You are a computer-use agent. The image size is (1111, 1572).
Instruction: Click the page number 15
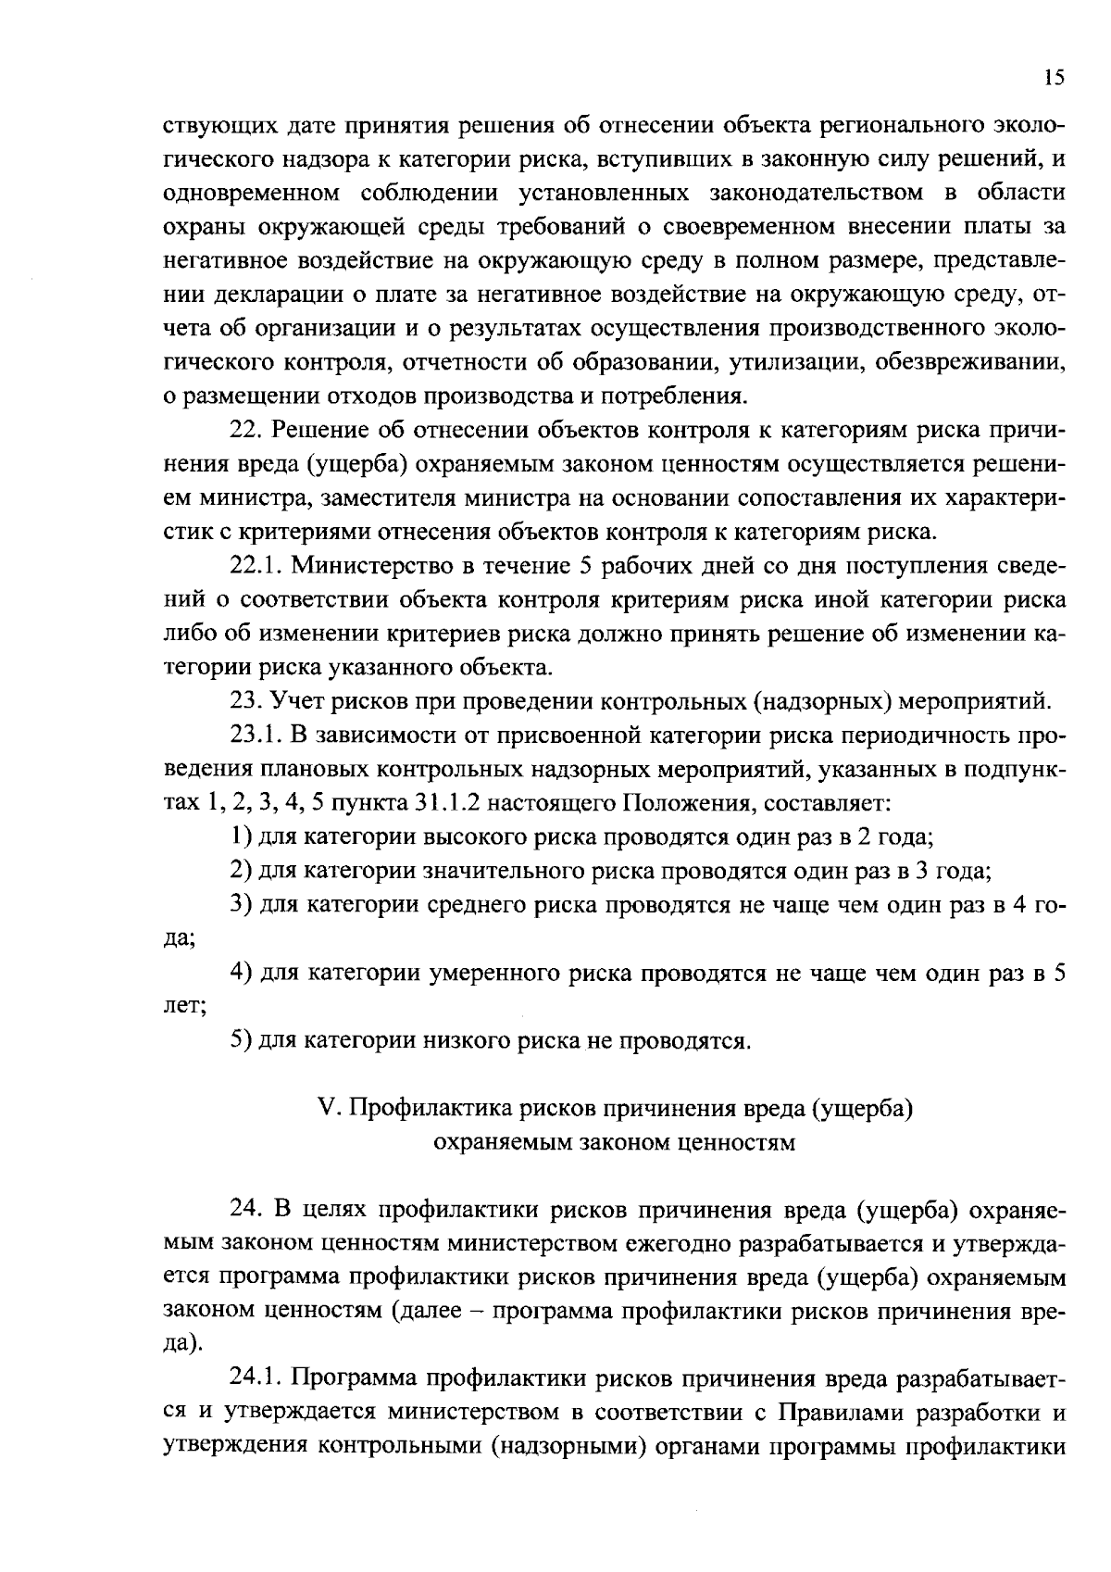[1054, 79]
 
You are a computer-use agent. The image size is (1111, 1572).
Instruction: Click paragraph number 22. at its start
[245, 431]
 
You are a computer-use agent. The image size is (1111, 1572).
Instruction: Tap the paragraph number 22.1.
[254, 566]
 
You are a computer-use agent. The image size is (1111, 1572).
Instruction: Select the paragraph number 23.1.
[254, 736]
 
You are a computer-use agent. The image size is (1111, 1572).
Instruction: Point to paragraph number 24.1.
[254, 1377]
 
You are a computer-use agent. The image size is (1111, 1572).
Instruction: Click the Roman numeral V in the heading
[324, 1109]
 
